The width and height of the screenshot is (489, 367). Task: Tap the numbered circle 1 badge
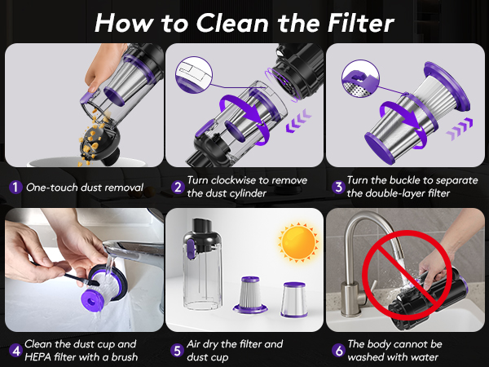click(15, 188)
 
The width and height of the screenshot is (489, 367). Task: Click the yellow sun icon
click(297, 242)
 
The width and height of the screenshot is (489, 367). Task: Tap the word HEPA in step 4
click(41, 356)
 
